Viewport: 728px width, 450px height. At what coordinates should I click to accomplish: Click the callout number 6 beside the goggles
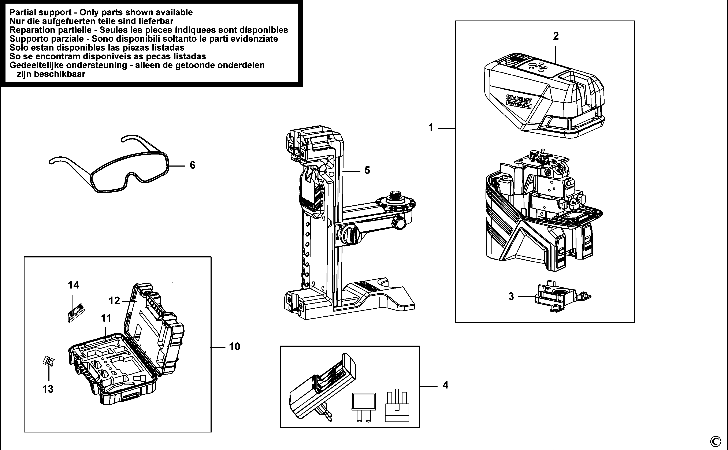click(x=192, y=165)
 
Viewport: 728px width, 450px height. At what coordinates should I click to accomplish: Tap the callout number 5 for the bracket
click(x=367, y=171)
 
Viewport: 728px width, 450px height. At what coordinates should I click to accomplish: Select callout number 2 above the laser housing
click(x=556, y=36)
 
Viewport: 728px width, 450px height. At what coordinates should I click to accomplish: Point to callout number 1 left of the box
click(x=430, y=128)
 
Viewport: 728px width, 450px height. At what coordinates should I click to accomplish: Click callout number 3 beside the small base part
click(x=511, y=296)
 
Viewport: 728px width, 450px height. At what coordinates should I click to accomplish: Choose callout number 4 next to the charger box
click(x=445, y=385)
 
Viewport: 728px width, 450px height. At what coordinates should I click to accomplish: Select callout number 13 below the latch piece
click(x=48, y=389)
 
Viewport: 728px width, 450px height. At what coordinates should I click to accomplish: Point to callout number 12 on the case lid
click(x=114, y=301)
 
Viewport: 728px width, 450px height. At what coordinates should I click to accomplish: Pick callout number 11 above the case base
click(x=106, y=318)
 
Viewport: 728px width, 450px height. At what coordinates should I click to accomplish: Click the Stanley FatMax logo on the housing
click(x=519, y=101)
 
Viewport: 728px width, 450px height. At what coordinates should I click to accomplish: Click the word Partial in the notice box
click(x=23, y=12)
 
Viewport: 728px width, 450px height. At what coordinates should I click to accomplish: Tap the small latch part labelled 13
click(x=48, y=361)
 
